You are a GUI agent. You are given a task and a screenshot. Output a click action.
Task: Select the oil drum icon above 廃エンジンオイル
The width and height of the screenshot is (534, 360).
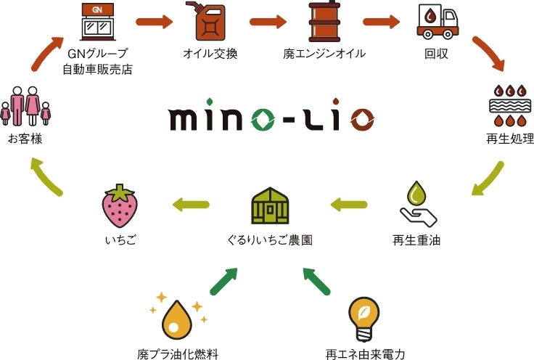(x=324, y=22)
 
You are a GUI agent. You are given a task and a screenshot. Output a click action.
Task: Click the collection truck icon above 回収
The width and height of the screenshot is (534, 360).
(x=438, y=22)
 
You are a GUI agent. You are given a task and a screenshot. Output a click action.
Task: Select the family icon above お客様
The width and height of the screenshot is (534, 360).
(x=26, y=105)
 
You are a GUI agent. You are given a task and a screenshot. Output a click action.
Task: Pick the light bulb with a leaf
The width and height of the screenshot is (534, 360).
(x=363, y=316)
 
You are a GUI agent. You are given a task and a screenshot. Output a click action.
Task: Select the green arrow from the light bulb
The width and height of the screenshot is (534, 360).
(x=319, y=281)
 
